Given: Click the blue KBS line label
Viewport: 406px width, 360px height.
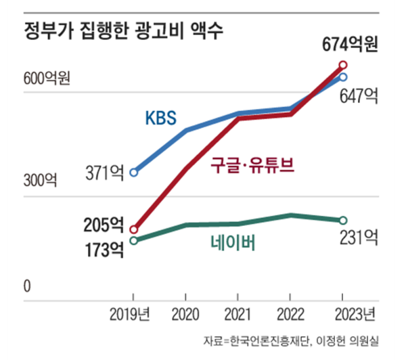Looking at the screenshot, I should (160, 118).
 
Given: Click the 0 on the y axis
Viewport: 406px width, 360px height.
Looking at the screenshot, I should (28, 287).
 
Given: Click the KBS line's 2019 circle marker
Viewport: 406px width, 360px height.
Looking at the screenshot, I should (133, 173).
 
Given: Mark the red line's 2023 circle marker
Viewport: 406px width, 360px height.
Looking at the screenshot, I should (342, 66).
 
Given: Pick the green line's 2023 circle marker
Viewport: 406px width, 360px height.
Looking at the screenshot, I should (342, 221).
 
